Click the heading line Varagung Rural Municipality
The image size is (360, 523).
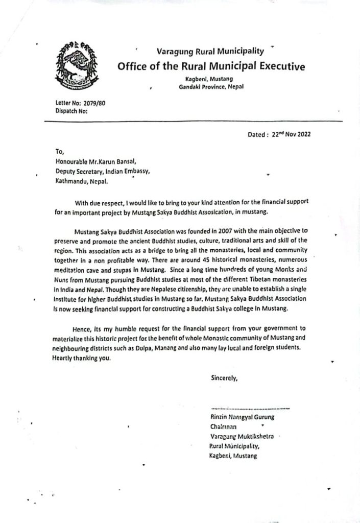[209, 51]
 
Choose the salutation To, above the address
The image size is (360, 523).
[59, 151]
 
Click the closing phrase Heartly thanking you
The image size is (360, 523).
[81, 357]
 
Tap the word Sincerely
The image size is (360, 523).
[224, 378]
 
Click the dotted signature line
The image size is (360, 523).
[250, 409]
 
